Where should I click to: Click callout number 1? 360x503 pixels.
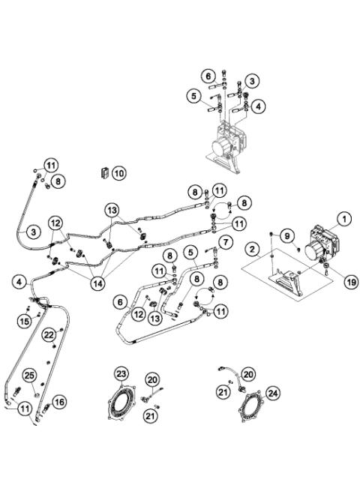(x=343, y=219)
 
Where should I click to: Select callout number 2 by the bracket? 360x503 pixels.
(x=254, y=248)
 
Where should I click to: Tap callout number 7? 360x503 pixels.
(x=223, y=241)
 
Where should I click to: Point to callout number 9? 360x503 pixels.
(x=287, y=235)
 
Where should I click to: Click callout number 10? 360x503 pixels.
(x=119, y=172)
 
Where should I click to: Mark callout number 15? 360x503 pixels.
(x=24, y=320)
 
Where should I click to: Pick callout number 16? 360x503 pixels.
(x=59, y=402)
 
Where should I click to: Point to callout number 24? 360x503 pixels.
(x=273, y=391)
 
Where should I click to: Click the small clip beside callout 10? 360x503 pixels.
(x=104, y=173)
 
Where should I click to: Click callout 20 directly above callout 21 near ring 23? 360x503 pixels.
(x=152, y=379)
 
